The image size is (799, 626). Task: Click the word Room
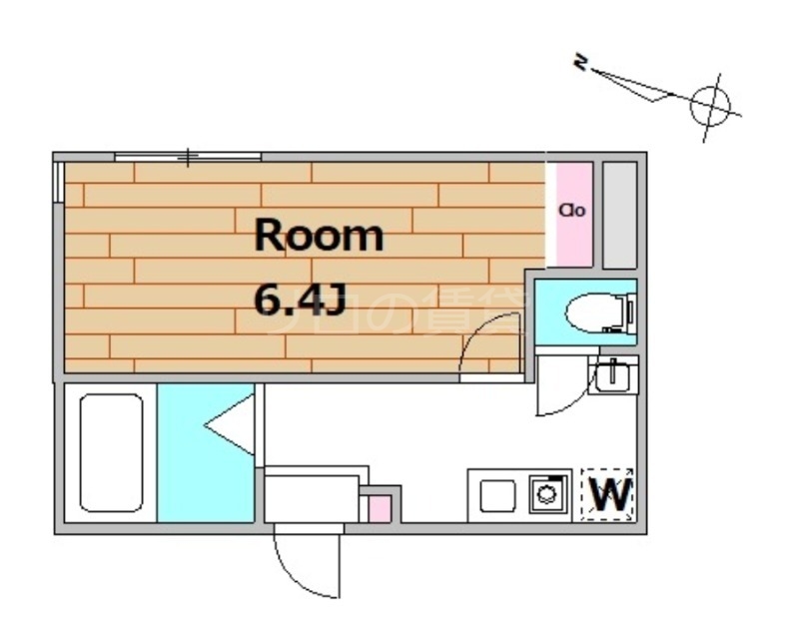point(319,236)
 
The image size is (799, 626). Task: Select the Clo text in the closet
point(572,211)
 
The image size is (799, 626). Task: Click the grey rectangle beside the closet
point(619,214)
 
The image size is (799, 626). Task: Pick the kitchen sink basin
point(496,495)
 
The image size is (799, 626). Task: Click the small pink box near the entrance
point(379,507)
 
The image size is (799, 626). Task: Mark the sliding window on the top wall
point(187,156)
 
